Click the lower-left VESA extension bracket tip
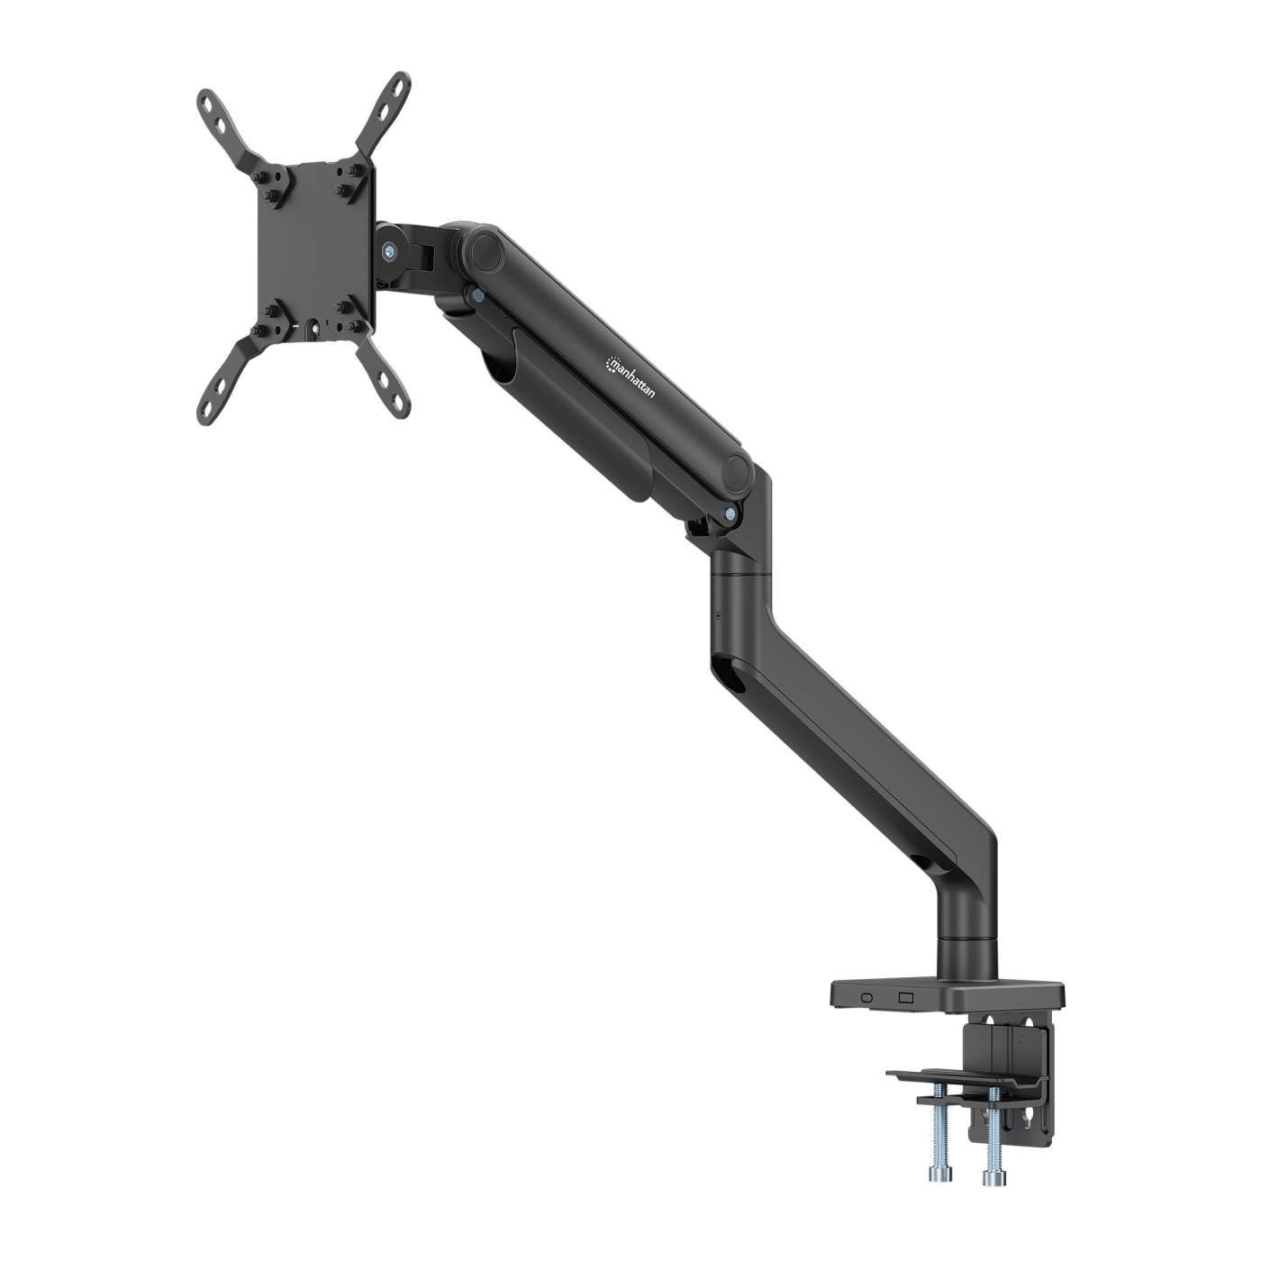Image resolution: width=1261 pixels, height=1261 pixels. tap(212, 407)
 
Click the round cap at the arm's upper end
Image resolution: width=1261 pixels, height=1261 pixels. tap(485, 247)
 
